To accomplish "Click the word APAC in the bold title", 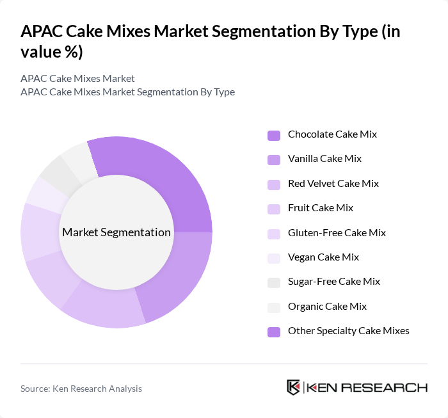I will click(42, 32).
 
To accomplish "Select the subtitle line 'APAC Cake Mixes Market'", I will click(77, 78).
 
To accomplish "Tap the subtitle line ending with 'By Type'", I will click(127, 92).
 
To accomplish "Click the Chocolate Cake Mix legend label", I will click(332, 134).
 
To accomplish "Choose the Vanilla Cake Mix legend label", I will click(324, 159).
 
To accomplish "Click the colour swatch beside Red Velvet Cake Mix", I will click(274, 184).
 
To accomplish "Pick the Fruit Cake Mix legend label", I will click(320, 208).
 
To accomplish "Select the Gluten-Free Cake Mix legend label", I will click(337, 232).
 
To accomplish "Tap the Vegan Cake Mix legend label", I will click(323, 257).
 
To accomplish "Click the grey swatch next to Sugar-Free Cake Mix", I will click(274, 282).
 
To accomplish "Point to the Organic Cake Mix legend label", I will click(327, 306).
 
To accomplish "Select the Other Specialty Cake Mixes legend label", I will click(348, 330).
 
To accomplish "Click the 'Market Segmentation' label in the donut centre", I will click(116, 232).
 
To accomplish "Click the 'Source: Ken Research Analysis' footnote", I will click(81, 389).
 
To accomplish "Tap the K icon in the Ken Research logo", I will click(293, 387).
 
